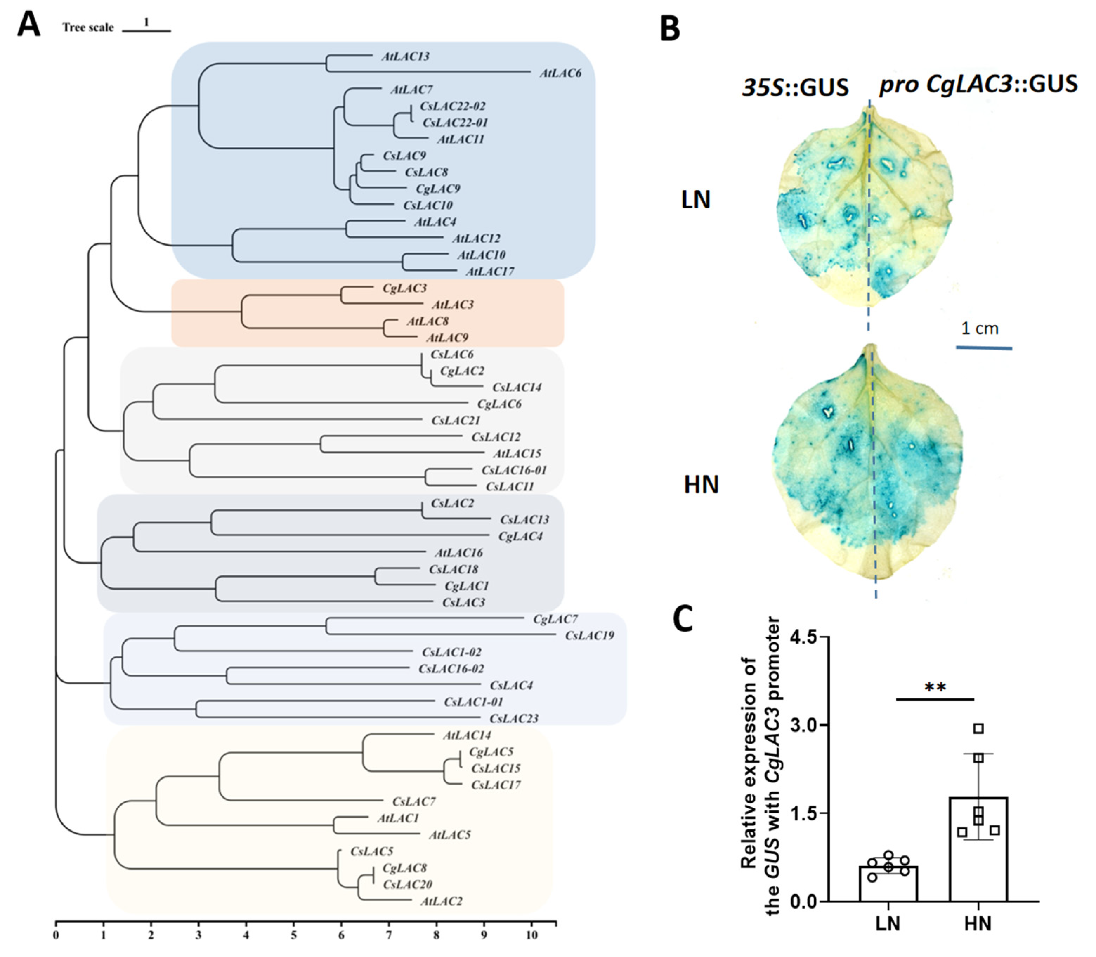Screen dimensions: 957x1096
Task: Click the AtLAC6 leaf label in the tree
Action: [x=560, y=73]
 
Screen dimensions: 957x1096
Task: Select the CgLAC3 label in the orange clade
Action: [x=404, y=288]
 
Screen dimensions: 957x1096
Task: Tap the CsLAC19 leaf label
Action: [x=589, y=636]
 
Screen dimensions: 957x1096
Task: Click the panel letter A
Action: [x=28, y=25]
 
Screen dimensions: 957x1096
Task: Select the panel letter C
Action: [x=682, y=619]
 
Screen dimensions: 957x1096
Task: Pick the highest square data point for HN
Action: [x=978, y=728]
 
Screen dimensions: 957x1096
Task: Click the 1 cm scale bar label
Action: [x=980, y=328]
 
